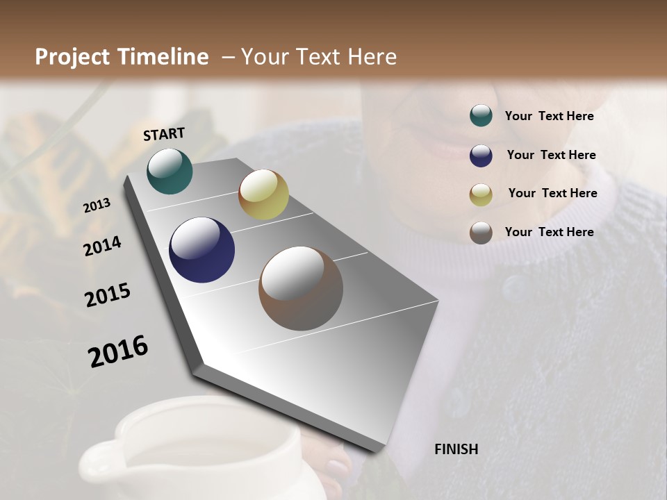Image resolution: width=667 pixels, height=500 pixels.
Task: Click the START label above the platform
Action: [164, 134]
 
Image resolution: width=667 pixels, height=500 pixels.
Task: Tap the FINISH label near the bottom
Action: [456, 449]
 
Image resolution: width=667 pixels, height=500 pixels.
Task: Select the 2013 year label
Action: [97, 205]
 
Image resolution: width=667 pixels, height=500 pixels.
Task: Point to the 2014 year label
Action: [102, 246]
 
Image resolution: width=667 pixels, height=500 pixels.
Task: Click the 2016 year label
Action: [118, 351]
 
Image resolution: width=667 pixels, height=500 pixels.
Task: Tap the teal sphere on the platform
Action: [170, 171]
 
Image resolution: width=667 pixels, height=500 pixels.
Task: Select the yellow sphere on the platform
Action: [263, 194]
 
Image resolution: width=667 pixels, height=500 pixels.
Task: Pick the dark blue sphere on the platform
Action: [201, 250]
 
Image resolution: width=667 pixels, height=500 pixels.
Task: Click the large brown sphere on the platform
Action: [300, 288]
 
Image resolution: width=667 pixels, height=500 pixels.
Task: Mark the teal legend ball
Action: [481, 116]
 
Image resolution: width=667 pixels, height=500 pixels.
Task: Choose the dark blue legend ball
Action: [481, 156]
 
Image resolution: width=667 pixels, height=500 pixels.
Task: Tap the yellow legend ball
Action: [481, 194]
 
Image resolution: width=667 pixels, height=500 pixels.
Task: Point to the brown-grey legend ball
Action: [481, 233]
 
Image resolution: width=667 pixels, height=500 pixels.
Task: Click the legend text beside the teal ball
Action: [549, 116]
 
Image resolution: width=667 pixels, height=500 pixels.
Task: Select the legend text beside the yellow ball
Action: [552, 193]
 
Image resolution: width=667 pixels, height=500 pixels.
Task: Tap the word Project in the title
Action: [72, 57]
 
